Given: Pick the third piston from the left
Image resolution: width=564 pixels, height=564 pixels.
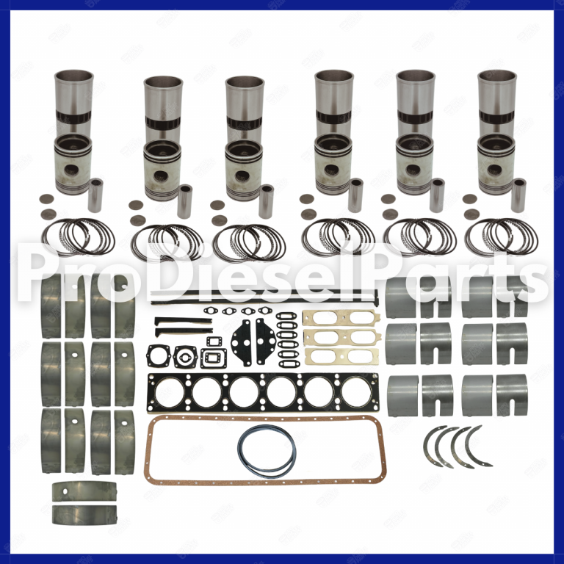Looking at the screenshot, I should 244,169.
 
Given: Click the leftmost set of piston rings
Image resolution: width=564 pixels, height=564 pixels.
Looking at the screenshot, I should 77,236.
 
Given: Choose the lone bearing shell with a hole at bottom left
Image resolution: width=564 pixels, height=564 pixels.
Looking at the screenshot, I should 84,490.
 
